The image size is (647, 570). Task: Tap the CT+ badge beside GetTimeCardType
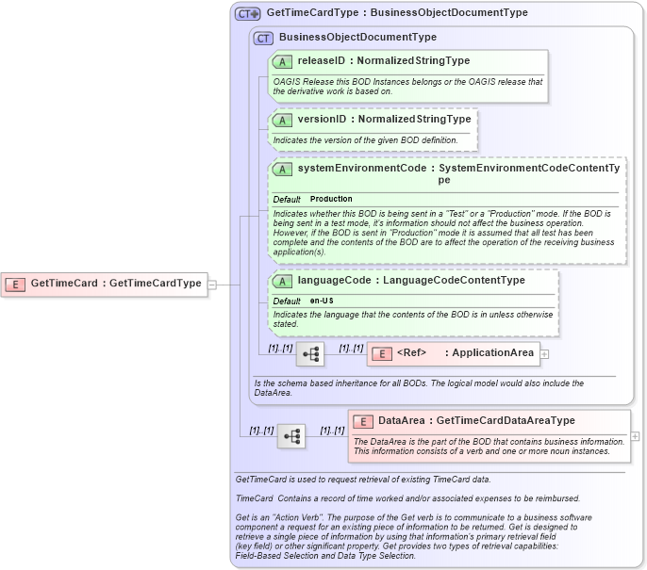click(248, 14)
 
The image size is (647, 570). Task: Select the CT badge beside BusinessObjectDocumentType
click(263, 38)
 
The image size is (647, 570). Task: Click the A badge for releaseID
click(282, 61)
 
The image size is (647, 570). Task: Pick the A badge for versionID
click(282, 120)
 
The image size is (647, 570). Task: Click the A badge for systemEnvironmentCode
click(282, 169)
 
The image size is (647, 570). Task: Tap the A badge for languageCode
click(282, 281)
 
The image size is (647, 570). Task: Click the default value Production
click(331, 200)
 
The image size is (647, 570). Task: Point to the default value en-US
click(323, 301)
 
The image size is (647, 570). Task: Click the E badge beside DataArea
click(363, 421)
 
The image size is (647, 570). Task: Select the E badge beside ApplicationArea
click(382, 354)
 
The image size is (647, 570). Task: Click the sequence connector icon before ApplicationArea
click(309, 354)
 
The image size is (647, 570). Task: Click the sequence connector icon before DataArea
click(290, 436)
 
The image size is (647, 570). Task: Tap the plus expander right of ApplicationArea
click(544, 354)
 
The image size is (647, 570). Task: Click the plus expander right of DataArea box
click(635, 436)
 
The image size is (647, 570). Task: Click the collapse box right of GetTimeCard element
click(212, 284)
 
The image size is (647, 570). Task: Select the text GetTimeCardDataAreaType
click(506, 421)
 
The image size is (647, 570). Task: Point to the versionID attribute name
click(323, 120)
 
